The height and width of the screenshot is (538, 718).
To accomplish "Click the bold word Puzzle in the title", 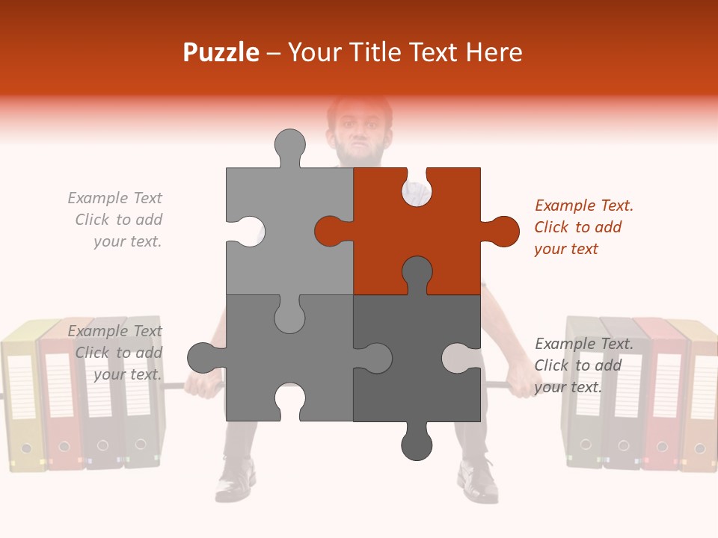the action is click(221, 52).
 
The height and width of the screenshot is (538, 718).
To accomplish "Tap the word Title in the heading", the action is click(376, 52).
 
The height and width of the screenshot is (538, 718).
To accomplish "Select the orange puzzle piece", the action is click(417, 231).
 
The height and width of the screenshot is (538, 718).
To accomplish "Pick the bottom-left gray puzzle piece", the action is click(289, 358).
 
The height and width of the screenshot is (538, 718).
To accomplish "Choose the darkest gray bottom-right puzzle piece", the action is click(417, 358).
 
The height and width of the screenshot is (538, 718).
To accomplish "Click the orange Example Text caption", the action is click(584, 227).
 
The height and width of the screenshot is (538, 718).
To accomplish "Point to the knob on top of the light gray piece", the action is click(290, 146).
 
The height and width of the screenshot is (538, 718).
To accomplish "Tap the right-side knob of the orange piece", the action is click(501, 231).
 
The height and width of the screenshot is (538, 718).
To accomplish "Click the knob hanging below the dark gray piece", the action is click(417, 443).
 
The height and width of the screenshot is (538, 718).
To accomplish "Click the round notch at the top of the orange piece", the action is click(417, 189).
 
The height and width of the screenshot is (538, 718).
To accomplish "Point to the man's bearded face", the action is click(360, 133).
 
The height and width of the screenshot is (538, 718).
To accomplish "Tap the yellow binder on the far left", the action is click(23, 397).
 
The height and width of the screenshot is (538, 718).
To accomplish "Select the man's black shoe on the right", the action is click(478, 480).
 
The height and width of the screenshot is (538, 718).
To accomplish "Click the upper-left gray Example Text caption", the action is click(115, 220).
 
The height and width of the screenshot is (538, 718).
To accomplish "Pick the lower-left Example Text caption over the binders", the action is click(115, 352).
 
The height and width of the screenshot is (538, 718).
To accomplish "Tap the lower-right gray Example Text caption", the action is click(584, 365).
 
